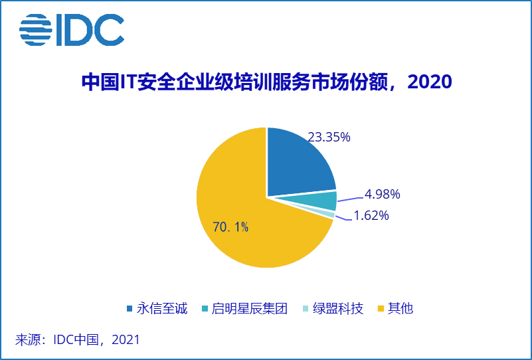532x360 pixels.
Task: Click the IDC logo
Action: tap(72, 31)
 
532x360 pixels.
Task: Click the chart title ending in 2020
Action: tap(266, 82)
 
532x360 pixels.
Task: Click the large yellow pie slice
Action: tap(239, 219)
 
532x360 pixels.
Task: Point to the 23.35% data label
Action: tap(329, 137)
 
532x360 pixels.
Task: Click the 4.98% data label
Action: tap(382, 195)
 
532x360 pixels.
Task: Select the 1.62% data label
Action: tap(371, 216)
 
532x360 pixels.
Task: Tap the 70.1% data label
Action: tap(230, 227)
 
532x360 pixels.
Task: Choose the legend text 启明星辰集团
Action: tap(249, 309)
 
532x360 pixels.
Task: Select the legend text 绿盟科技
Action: tap(338, 309)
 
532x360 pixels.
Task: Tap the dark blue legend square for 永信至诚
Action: tap(130, 309)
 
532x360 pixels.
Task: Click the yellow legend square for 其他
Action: tap(381, 309)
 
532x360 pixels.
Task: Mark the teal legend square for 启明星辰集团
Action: tap(205, 309)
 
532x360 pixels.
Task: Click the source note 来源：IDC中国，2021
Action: tap(78, 339)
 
